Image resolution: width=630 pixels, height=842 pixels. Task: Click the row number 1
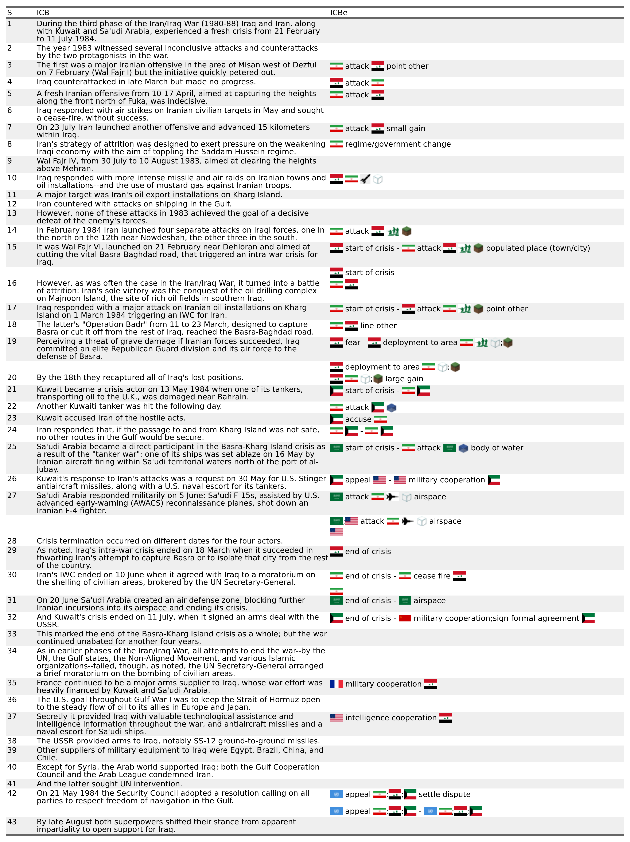click(9, 24)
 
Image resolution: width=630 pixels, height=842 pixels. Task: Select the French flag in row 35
click(336, 684)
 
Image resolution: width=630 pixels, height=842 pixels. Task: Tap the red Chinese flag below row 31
click(405, 618)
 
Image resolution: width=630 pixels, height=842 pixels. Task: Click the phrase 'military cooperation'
click(383, 684)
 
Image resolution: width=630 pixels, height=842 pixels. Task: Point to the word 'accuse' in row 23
click(358, 419)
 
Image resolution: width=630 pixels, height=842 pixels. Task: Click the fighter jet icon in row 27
click(392, 497)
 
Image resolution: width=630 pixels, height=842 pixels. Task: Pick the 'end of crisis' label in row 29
click(368, 552)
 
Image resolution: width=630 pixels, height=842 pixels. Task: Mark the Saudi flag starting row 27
click(336, 497)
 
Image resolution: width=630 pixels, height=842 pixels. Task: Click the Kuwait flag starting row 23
click(336, 419)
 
